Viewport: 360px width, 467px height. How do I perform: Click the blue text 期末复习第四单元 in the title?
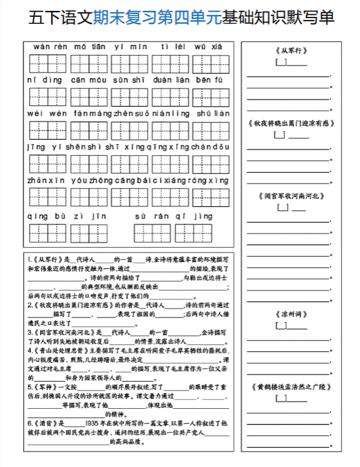click(x=157, y=17)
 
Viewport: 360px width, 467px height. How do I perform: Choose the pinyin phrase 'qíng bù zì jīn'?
click(x=67, y=214)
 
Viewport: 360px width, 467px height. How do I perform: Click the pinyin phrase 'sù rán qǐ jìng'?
click(x=173, y=214)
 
